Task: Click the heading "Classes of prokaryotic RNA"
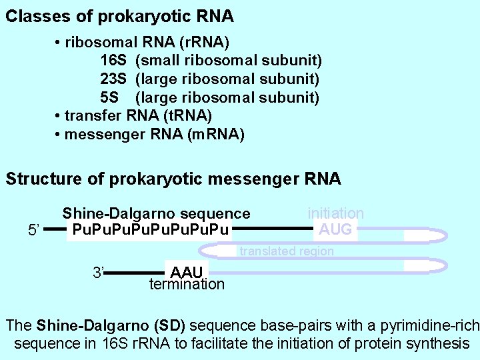pyautogui.click(x=119, y=16)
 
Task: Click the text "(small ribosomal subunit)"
pyautogui.click(x=229, y=61)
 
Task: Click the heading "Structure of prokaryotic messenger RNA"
pyautogui.click(x=173, y=179)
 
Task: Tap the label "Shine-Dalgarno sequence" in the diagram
pyautogui.click(x=156, y=214)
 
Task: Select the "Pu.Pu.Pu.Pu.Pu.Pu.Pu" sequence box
pyautogui.click(x=151, y=231)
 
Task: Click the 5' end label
pyautogui.click(x=35, y=231)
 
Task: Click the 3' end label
pyautogui.click(x=99, y=272)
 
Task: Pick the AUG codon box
pyautogui.click(x=336, y=230)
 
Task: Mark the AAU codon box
pyautogui.click(x=188, y=272)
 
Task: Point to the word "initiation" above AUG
pyautogui.click(x=335, y=213)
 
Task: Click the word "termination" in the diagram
pyautogui.click(x=187, y=285)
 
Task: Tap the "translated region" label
pyautogui.click(x=286, y=251)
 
